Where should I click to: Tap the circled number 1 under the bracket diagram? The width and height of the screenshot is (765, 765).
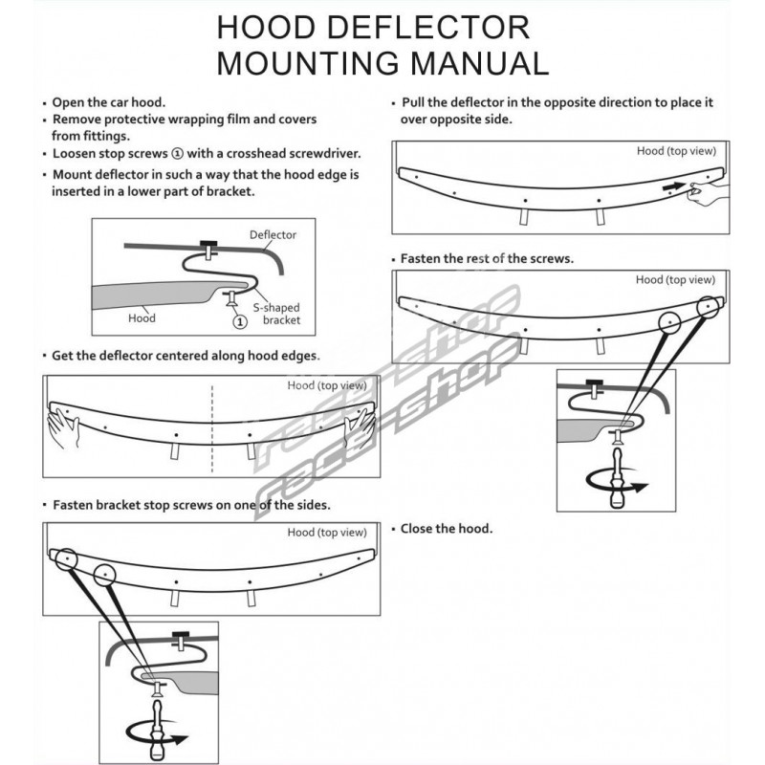(x=240, y=321)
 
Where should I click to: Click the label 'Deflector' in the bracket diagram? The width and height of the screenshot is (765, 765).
(x=273, y=234)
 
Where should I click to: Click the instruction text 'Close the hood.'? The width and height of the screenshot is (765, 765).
(x=447, y=529)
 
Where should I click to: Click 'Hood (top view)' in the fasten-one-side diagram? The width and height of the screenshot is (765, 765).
(x=327, y=533)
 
